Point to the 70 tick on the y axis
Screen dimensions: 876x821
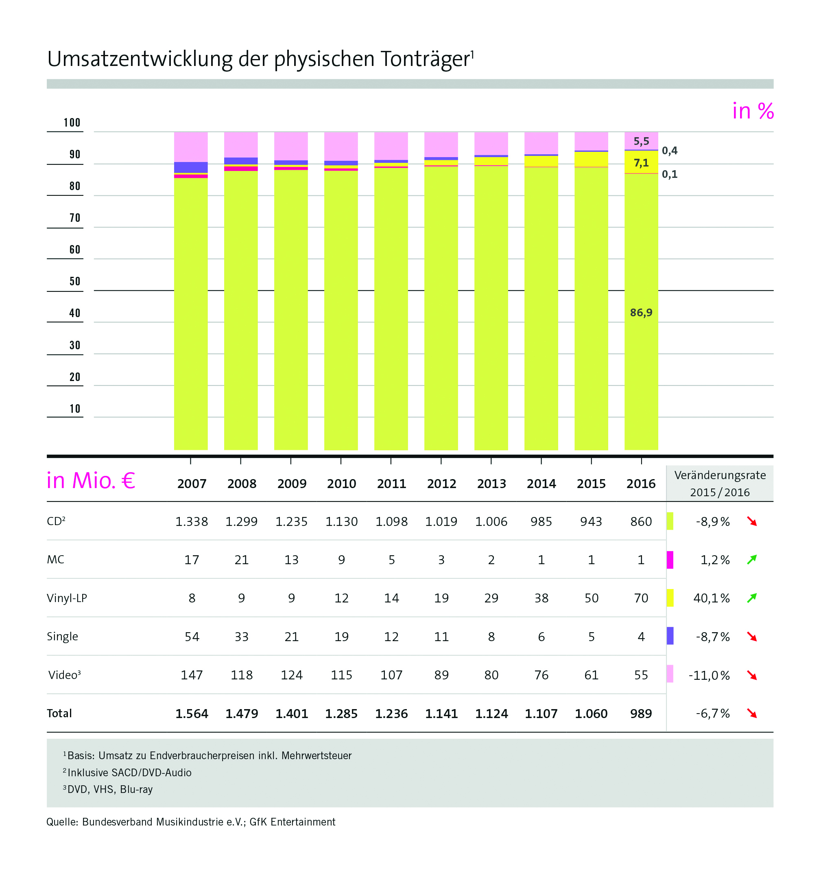(x=75, y=218)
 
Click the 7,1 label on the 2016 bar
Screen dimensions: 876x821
(x=641, y=163)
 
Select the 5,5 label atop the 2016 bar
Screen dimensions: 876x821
(x=641, y=141)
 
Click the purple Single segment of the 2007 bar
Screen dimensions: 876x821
(x=191, y=167)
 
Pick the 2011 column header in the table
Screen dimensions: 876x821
(x=391, y=484)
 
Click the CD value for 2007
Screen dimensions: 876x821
(x=192, y=522)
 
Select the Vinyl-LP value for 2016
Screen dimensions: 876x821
(x=641, y=598)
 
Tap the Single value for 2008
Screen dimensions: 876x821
(x=241, y=637)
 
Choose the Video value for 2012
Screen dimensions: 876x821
(x=441, y=675)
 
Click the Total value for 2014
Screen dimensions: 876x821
(x=542, y=714)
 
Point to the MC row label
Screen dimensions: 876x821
(x=55, y=560)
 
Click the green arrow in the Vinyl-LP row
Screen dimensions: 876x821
(x=752, y=598)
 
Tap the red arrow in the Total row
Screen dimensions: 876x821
(x=752, y=714)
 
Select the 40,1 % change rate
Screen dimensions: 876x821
(x=711, y=598)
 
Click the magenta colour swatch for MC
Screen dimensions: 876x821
(x=670, y=560)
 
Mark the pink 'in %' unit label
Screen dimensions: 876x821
(x=753, y=111)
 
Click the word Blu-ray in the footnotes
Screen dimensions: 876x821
(x=136, y=789)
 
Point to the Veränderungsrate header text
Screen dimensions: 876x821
(x=720, y=475)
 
